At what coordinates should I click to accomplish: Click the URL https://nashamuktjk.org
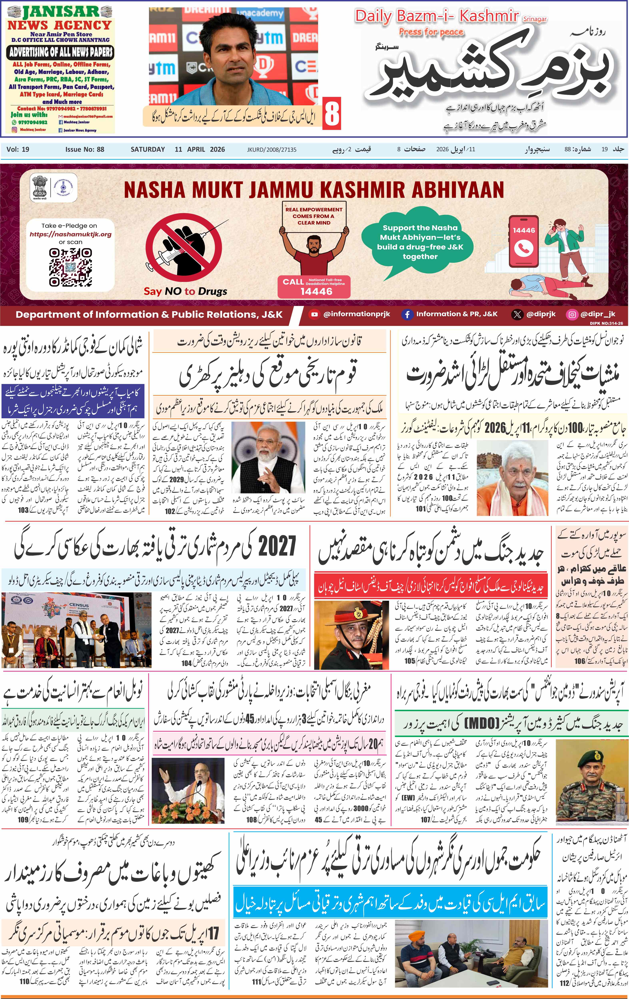click(71, 234)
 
